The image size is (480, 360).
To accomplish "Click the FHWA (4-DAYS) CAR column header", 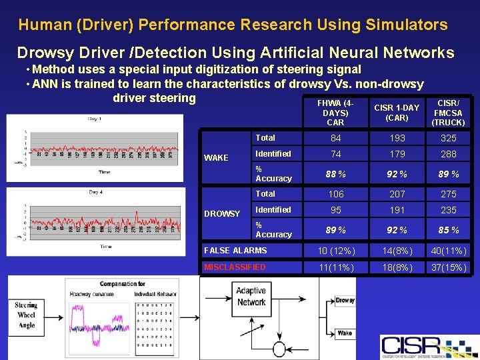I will click(335, 113).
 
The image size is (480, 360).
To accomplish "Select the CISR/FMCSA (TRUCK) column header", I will click(448, 113).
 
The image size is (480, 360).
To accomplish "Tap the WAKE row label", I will click(216, 158).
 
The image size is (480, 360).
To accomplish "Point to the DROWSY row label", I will click(222, 214).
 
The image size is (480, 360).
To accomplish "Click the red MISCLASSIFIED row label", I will click(235, 267).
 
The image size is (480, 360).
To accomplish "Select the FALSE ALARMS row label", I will click(235, 251).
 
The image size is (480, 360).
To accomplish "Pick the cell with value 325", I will click(449, 138).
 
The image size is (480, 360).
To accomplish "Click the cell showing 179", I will click(397, 154).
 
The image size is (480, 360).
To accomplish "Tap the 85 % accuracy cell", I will click(449, 231).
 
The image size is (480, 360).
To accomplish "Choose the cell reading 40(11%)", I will click(449, 251).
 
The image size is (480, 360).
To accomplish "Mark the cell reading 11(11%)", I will click(335, 267).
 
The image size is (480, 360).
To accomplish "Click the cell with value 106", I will click(335, 194).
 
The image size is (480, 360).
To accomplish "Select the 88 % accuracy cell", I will click(335, 175).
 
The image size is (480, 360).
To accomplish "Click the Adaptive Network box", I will click(251, 297).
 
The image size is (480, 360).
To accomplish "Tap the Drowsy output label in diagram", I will click(345, 301).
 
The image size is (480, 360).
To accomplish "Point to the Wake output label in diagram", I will click(345, 333).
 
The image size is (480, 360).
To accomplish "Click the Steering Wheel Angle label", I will click(26, 315).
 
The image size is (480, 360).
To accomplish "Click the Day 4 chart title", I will click(95, 192).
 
